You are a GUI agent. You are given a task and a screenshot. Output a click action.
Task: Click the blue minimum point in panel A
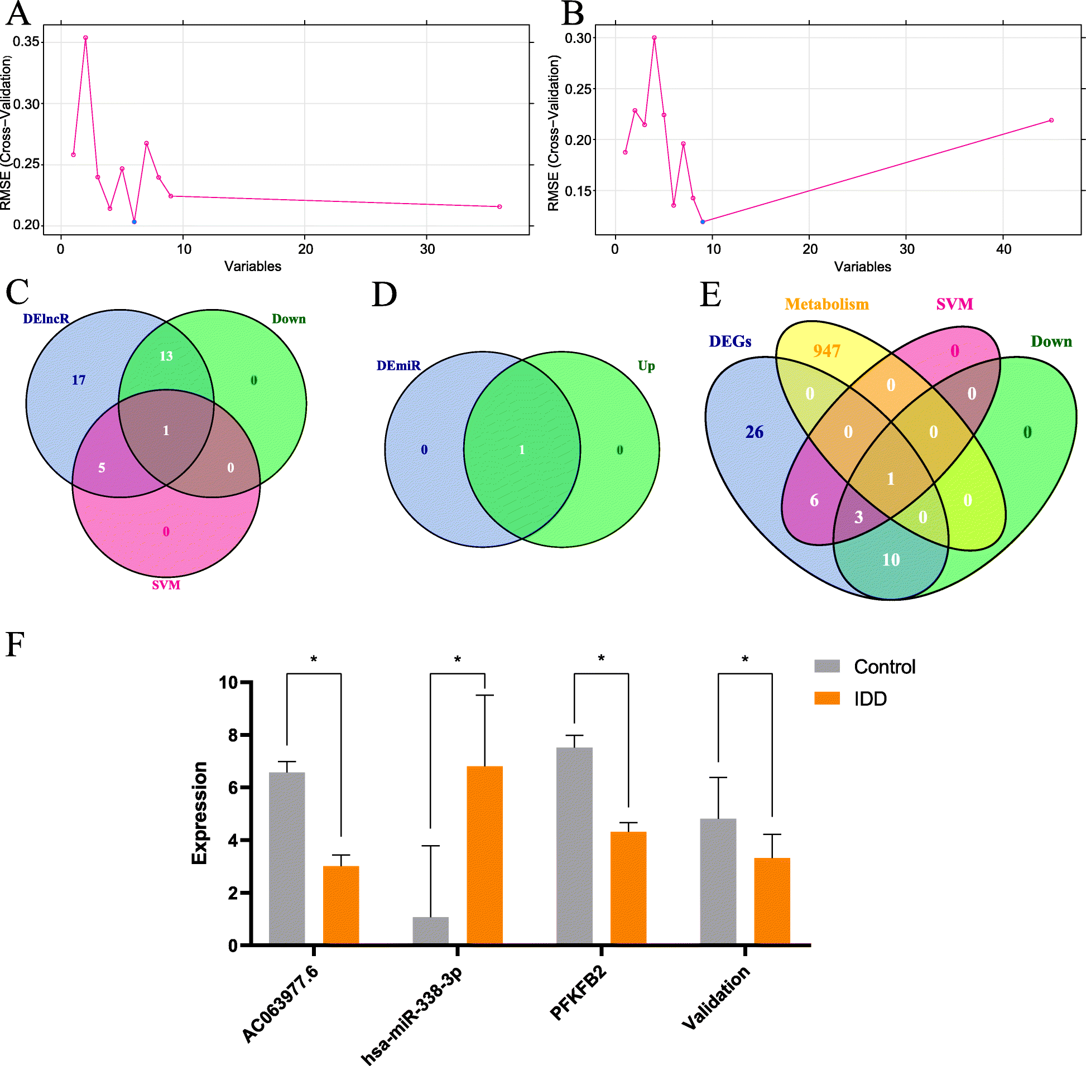click(134, 222)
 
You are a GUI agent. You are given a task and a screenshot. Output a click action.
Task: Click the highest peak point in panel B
click(654, 38)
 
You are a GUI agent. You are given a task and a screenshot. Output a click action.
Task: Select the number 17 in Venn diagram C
click(79, 380)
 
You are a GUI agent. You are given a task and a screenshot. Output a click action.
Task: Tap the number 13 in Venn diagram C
click(166, 356)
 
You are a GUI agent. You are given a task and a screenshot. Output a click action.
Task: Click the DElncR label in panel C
click(46, 319)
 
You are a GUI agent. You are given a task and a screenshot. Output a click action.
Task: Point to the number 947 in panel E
click(826, 351)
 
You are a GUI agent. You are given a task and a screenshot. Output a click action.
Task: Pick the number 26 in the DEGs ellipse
click(755, 432)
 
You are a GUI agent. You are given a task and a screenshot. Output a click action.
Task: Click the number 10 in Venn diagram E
click(891, 560)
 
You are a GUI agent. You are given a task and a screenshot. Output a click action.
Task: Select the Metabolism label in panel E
click(826, 304)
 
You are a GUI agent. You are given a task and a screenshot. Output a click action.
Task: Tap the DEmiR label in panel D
click(398, 365)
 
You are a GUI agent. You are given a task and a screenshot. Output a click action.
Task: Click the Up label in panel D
click(646, 365)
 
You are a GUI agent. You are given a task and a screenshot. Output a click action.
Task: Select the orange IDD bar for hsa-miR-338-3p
click(484, 856)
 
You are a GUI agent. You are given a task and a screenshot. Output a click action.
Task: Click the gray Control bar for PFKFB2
click(574, 846)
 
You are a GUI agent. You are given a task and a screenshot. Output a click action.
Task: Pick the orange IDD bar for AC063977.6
click(341, 905)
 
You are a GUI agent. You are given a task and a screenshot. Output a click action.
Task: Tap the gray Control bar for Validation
click(718, 882)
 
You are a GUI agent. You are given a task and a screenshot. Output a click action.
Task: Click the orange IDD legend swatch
click(826, 698)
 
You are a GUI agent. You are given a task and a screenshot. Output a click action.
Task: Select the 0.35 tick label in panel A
click(26, 42)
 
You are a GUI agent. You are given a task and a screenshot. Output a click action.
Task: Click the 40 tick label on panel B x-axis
click(1003, 249)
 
